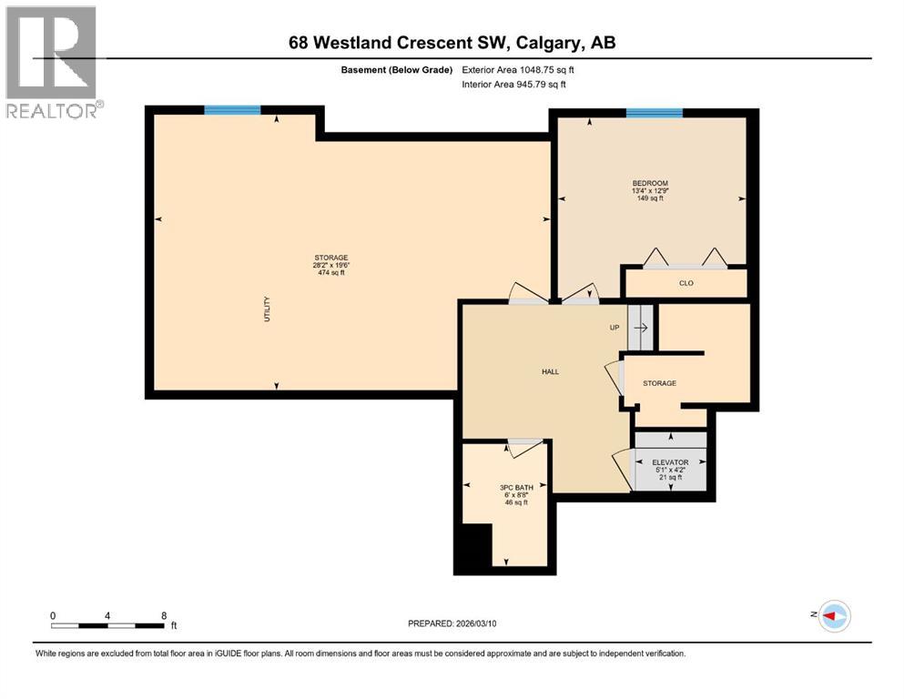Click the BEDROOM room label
click(650, 183)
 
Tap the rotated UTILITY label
click(267, 307)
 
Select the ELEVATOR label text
click(669, 462)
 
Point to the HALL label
click(550, 371)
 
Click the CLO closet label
click(686, 283)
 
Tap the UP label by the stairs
click(615, 328)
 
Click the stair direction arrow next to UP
click(641, 328)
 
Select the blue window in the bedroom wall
click(654, 113)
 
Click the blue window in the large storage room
click(232, 110)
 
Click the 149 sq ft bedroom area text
click(650, 198)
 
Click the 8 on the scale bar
click(163, 615)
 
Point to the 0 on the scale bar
click(53, 615)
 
